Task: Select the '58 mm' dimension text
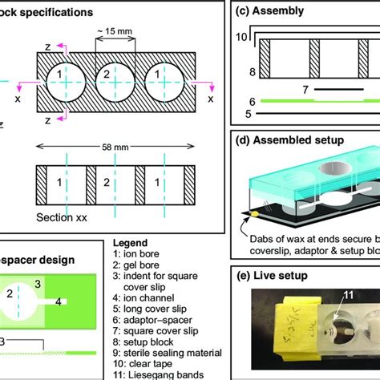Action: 117,150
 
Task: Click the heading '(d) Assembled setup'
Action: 298,140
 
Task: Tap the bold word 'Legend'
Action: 131,241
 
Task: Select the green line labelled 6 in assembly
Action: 313,102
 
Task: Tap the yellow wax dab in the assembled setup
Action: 255,215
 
